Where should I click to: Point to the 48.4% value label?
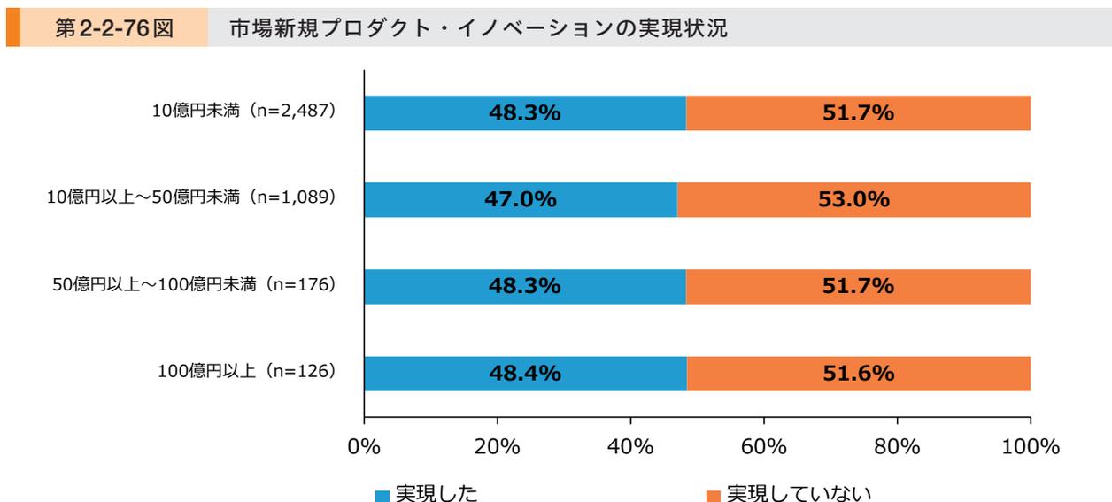coord(526,374)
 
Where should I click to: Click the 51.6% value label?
coord(859,374)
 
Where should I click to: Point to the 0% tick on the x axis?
coord(365,446)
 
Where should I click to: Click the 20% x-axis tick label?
coord(498,446)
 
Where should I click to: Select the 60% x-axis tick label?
coord(764,446)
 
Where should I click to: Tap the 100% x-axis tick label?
coord(1030,446)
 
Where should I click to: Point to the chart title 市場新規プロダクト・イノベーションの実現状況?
coord(478,29)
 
